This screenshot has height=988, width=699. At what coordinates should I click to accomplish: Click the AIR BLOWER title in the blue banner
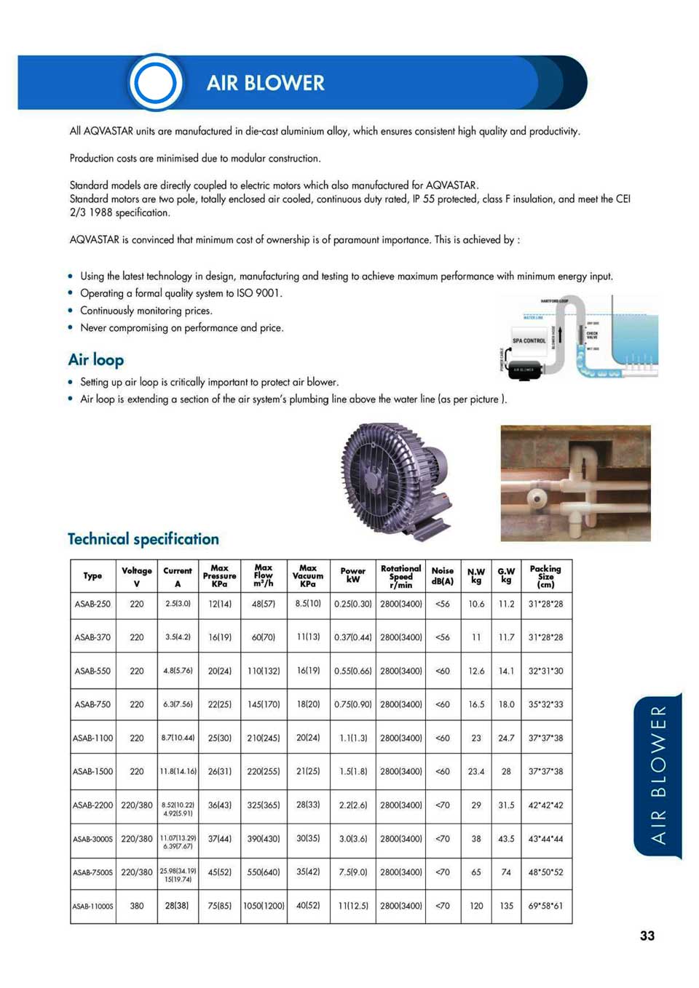click(265, 83)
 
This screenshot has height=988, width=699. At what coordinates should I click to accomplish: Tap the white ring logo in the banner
click(155, 82)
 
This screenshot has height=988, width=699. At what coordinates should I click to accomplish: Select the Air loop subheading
click(96, 359)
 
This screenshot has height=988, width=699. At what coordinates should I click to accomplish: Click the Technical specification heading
click(143, 539)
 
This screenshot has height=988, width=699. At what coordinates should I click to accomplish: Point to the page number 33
click(647, 936)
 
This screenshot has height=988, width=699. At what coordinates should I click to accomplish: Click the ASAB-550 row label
click(92, 671)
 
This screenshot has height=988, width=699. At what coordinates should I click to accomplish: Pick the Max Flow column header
click(264, 575)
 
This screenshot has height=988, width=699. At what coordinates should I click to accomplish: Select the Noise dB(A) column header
click(442, 575)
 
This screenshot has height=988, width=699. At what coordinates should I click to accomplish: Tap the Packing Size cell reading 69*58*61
click(545, 906)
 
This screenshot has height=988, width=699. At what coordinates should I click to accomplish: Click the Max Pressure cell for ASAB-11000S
click(219, 906)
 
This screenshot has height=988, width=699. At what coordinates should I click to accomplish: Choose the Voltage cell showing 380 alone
click(137, 906)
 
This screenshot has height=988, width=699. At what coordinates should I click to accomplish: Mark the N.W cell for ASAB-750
click(476, 704)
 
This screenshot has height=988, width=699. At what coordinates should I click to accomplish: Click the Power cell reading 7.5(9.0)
click(353, 872)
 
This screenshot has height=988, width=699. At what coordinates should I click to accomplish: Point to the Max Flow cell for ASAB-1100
click(264, 738)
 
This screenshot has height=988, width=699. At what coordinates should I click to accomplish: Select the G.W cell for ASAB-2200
click(506, 805)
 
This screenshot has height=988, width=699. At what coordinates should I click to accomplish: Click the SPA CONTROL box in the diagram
click(529, 340)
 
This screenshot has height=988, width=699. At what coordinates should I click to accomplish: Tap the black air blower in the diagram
click(525, 370)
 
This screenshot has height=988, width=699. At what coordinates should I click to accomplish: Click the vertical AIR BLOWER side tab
click(658, 775)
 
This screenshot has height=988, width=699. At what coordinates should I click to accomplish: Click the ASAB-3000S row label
click(92, 839)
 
